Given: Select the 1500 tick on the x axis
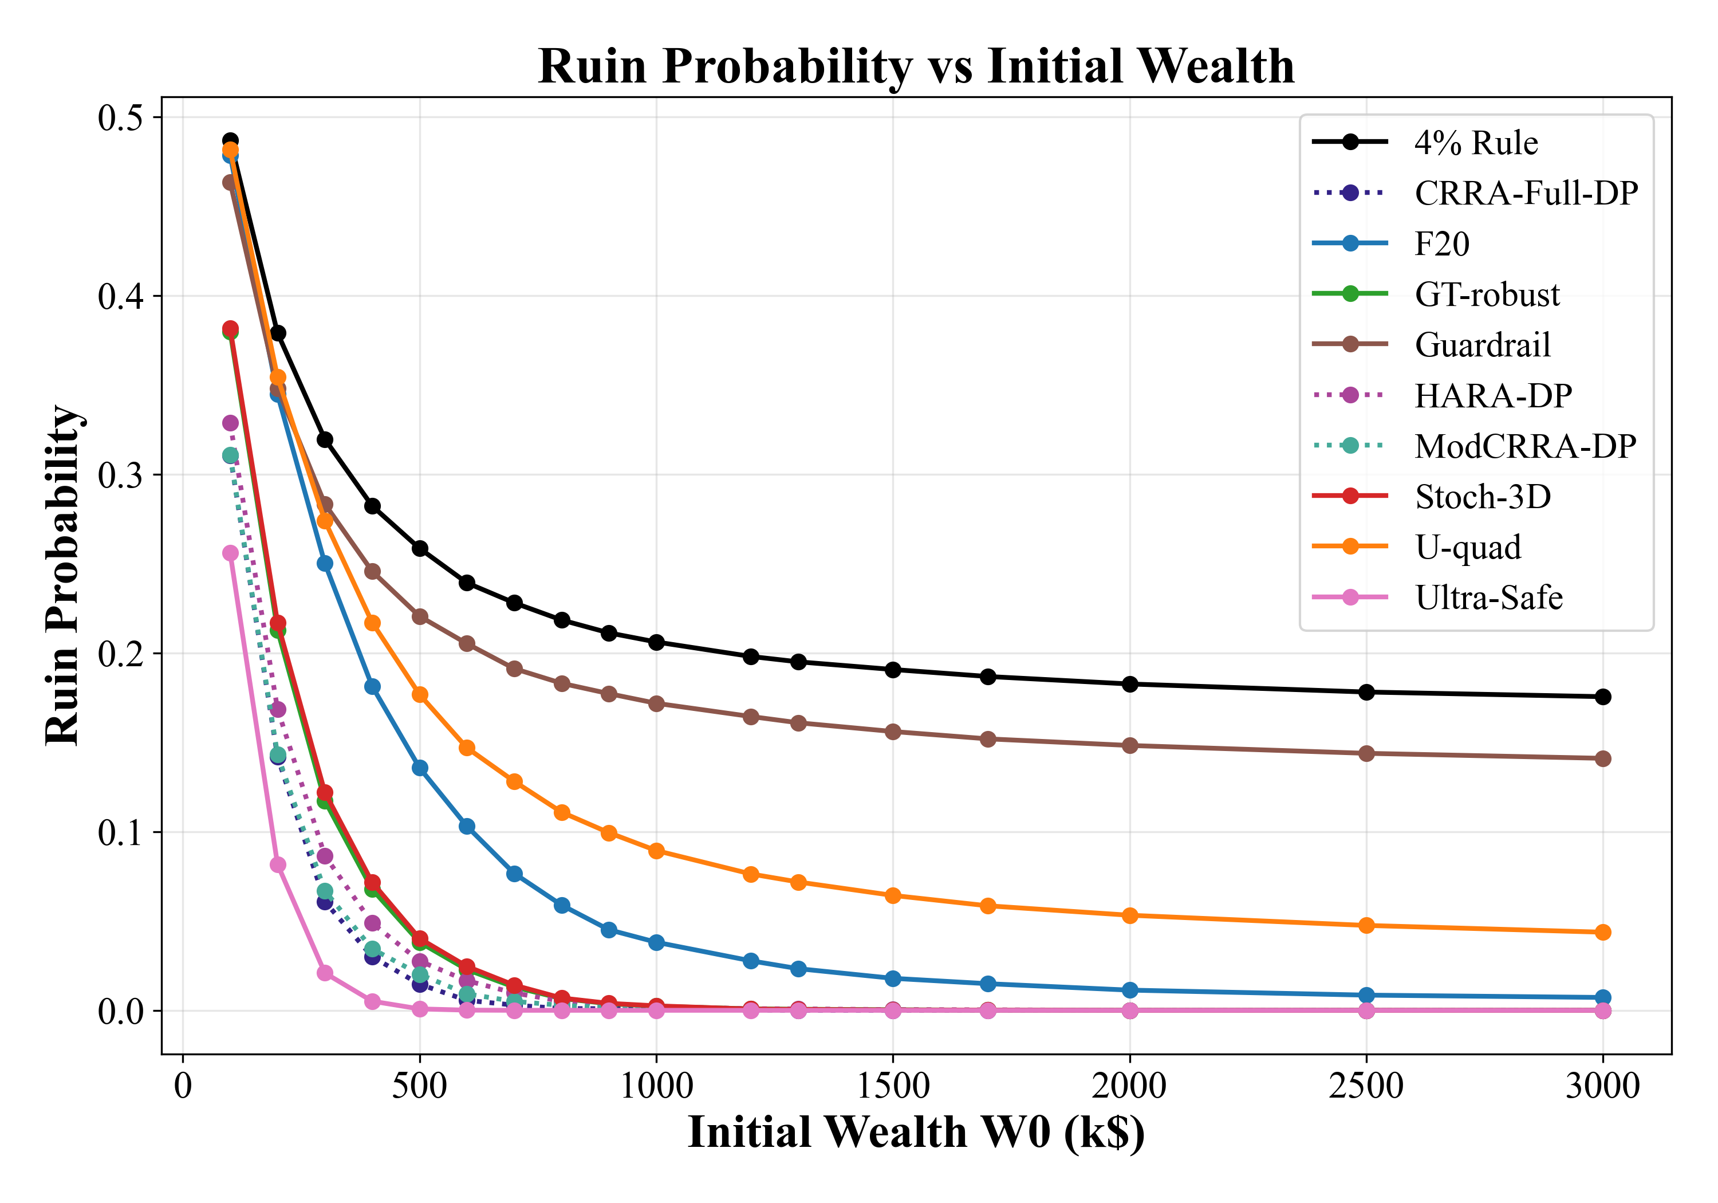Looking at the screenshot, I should [893, 1086].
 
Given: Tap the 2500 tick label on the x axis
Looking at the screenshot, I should [1366, 1086].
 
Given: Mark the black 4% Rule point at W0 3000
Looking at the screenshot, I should [1603, 697].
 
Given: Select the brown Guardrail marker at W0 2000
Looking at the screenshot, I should [1130, 746].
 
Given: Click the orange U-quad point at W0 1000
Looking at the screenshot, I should [656, 851].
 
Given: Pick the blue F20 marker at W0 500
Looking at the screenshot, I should [420, 768].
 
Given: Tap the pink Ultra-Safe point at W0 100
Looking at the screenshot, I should [230, 553].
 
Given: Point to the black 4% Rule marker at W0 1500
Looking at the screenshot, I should [893, 669].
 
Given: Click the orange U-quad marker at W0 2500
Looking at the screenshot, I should [1366, 926].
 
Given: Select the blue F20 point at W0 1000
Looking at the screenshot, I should [656, 942].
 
